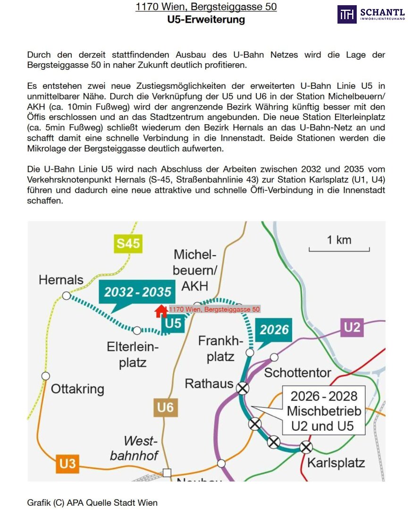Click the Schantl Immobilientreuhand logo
(371, 14)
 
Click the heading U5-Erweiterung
(206, 20)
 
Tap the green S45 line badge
(128, 244)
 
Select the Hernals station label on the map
(61, 280)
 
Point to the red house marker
(161, 310)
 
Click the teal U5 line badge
(173, 323)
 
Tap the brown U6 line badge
(165, 407)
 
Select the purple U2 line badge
(352, 327)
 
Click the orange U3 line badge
(67, 463)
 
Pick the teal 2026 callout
(274, 329)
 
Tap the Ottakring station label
(77, 389)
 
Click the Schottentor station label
(297, 373)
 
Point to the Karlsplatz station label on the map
(336, 462)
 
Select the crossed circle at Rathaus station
(243, 388)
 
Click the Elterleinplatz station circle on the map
(137, 330)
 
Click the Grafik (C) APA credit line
(92, 502)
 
